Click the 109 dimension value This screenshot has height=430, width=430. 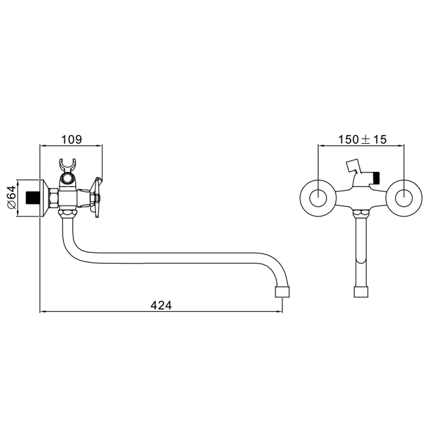point(72,140)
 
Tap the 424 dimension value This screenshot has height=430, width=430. point(161,306)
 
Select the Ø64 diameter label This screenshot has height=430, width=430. point(12,197)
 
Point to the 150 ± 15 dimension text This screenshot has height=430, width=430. point(362,140)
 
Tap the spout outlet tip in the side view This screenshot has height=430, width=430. point(282,292)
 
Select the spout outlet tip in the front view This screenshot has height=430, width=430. point(361,292)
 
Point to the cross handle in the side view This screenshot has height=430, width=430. point(96,197)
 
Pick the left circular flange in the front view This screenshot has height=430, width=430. point(318,198)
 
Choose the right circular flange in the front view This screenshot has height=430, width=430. point(404,198)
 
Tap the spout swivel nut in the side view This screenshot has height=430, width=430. point(68,214)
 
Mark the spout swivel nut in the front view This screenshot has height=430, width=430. point(361,214)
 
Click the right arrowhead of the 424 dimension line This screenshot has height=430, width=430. point(280,311)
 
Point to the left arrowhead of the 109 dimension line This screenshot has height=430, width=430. point(42,146)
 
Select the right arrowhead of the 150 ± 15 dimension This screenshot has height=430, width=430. point(401,146)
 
